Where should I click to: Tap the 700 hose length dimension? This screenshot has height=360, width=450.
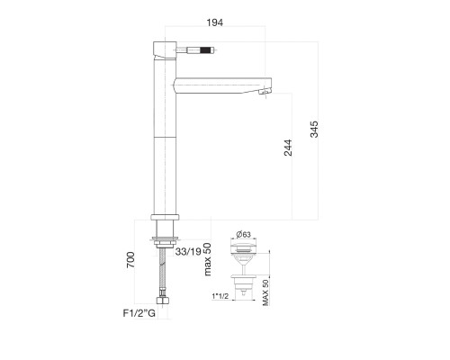tap(131, 262)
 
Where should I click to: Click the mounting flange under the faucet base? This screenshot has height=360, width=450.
tap(166, 239)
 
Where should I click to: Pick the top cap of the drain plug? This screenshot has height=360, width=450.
tap(243, 247)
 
